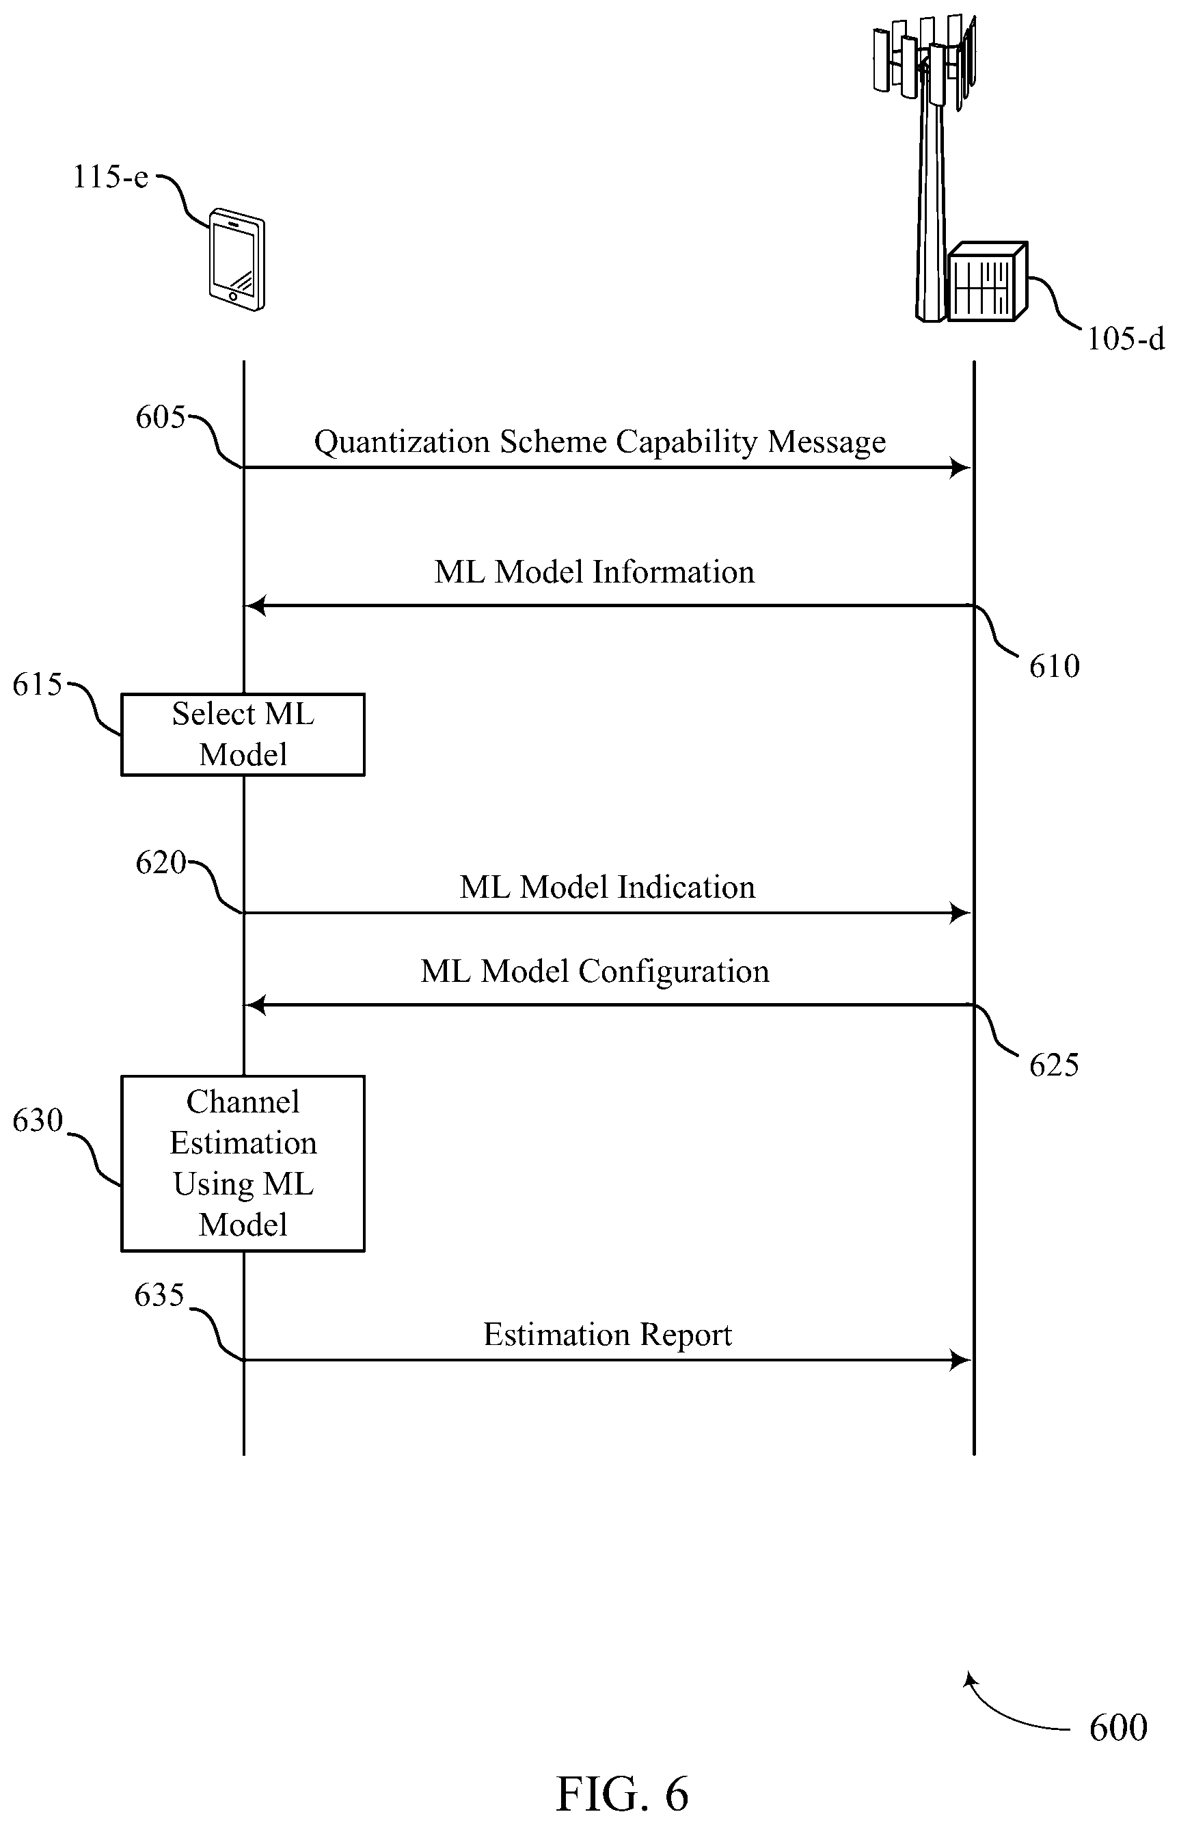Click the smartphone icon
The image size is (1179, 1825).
point(237,259)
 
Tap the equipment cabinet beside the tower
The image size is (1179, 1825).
point(988,282)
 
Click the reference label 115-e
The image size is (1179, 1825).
point(110,177)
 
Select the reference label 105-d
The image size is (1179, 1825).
point(1126,338)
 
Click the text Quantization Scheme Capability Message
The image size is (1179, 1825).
point(599,442)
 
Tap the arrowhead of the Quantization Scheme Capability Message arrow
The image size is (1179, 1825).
point(960,467)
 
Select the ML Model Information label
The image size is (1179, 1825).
point(594,572)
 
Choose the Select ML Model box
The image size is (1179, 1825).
point(243,734)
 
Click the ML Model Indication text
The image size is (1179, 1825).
point(607,887)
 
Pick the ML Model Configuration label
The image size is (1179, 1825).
point(595,971)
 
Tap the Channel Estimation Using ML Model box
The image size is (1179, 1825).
point(243,1163)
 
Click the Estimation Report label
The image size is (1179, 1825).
point(607,1335)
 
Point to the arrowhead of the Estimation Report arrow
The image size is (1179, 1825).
point(960,1360)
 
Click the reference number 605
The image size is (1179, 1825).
point(161,417)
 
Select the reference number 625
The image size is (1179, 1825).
point(1054,1065)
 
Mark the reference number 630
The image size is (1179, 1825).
point(38,1121)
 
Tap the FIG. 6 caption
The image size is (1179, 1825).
point(622,1794)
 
